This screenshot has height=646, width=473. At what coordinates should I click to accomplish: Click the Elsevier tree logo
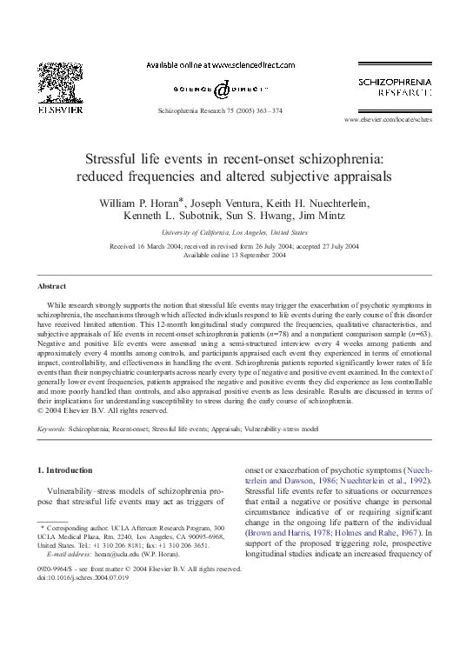60,83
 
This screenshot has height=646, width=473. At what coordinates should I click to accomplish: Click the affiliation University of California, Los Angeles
234,233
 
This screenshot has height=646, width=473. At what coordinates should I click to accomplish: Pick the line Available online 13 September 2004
234,255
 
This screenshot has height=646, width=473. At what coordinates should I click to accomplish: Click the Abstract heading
51,286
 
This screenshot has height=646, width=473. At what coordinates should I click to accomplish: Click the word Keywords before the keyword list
51,430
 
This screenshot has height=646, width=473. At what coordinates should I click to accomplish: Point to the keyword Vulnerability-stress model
276,430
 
